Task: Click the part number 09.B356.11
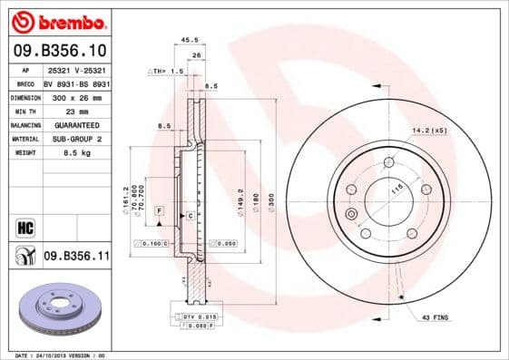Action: pos(76,257)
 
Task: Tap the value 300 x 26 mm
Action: pos(76,97)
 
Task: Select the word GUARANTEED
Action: pos(76,125)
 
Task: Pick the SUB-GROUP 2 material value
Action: pos(76,139)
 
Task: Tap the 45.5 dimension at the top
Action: pos(190,39)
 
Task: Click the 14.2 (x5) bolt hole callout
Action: pos(430,131)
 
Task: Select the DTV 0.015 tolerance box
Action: pos(195,315)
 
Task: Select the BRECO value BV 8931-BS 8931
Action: pos(76,83)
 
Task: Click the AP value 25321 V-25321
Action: pos(76,69)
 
